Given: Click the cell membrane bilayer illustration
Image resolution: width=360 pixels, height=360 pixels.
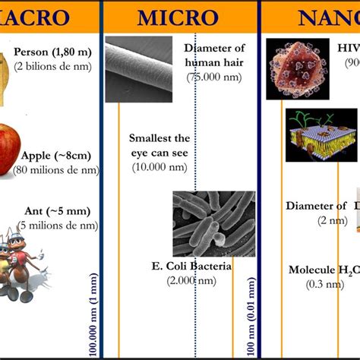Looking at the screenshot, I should (x=321, y=135).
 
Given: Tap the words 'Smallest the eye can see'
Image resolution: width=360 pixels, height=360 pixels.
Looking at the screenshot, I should (x=159, y=146).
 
